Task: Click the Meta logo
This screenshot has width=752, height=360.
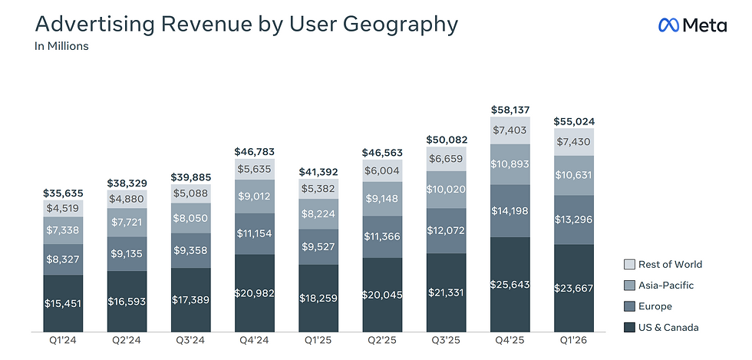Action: (x=692, y=25)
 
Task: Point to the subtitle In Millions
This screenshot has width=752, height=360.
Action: (x=61, y=47)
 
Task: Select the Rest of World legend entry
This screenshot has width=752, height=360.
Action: (x=663, y=264)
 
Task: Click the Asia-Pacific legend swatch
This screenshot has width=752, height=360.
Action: (x=629, y=285)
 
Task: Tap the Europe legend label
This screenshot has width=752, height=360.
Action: (x=655, y=306)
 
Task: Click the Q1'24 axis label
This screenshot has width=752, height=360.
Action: (x=62, y=341)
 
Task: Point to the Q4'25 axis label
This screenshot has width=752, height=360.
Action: (x=510, y=341)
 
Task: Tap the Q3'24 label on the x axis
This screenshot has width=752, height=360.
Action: (x=190, y=341)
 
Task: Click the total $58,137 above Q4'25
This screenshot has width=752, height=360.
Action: (x=510, y=110)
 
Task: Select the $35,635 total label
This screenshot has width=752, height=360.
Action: (x=63, y=193)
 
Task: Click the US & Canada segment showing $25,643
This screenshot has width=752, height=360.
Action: (x=510, y=284)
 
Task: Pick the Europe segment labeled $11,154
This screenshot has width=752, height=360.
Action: (x=255, y=234)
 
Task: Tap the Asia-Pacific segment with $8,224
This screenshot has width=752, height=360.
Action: (x=318, y=213)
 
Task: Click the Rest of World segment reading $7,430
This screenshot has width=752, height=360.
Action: (x=574, y=141)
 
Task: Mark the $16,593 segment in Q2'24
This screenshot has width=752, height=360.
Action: (x=127, y=301)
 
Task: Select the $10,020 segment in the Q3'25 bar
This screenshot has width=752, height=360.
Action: (x=446, y=189)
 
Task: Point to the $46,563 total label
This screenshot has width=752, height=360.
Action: (x=382, y=152)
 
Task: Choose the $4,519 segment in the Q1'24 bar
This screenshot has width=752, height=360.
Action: (x=63, y=208)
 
